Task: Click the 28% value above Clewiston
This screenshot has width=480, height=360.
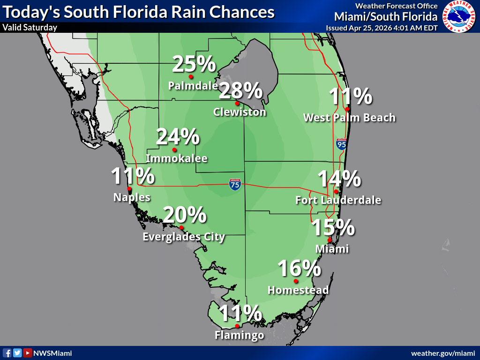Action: [x=240, y=90]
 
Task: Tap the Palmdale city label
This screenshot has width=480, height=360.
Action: [x=193, y=86]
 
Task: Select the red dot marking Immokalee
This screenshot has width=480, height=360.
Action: [x=174, y=150]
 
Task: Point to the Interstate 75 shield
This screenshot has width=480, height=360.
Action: [x=235, y=184]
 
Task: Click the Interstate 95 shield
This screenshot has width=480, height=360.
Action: [x=342, y=144]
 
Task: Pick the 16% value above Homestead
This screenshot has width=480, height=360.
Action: [x=299, y=269]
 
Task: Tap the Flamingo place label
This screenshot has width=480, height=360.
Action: [x=239, y=335]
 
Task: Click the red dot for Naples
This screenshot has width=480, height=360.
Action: [x=129, y=189]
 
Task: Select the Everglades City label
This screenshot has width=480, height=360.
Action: [x=184, y=237]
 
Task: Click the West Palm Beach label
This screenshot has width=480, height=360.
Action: [x=349, y=117]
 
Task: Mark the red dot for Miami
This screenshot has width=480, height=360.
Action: [x=330, y=240]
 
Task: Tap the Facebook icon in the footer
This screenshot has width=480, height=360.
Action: [x=7, y=353]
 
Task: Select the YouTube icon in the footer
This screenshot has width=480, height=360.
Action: [x=28, y=353]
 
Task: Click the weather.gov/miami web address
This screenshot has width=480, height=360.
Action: [x=443, y=353]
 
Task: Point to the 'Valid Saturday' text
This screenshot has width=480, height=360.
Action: [x=30, y=27]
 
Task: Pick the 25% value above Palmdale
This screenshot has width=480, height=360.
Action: [x=194, y=64]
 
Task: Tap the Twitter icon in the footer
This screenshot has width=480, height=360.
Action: [x=17, y=353]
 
